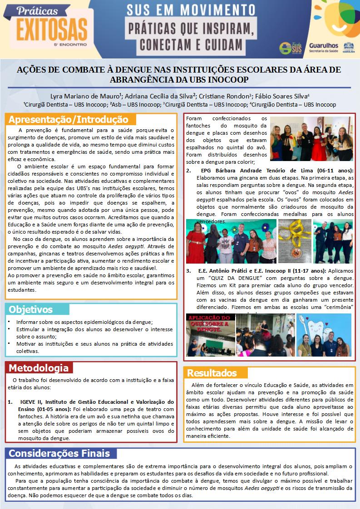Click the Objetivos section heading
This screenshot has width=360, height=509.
pos(31,309)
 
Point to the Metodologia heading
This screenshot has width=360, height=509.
pos(39,367)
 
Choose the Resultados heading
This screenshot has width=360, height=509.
pos(212,373)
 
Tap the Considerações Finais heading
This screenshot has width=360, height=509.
pos(59,453)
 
